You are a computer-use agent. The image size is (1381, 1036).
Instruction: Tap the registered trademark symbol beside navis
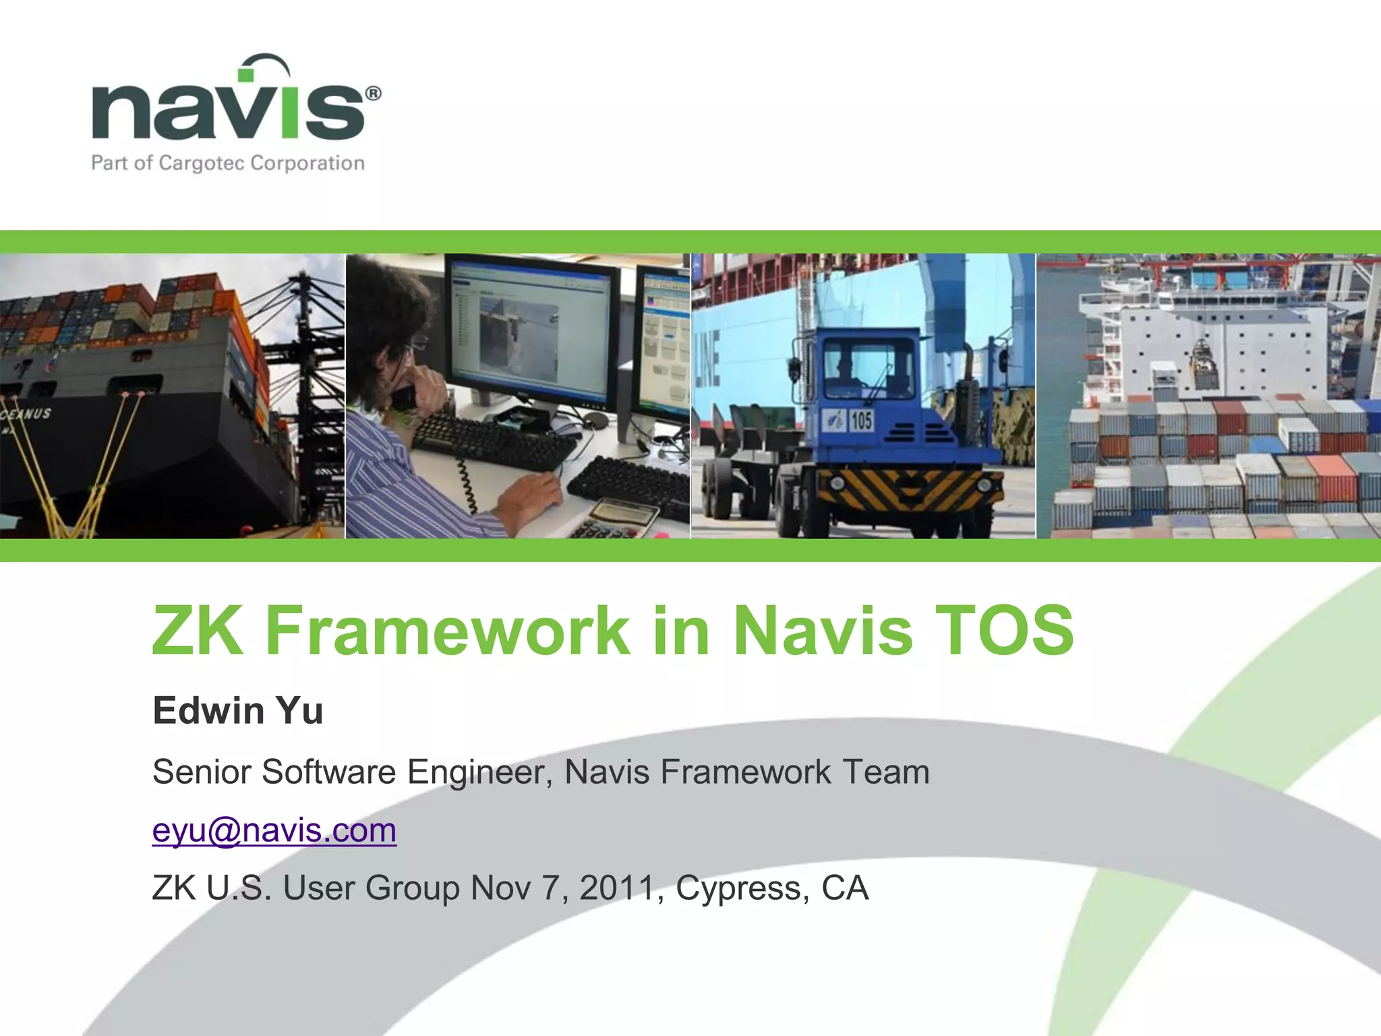point(373,93)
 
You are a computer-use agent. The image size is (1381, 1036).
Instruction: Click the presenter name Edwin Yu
point(237,710)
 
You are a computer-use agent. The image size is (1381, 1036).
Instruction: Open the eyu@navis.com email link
point(274,830)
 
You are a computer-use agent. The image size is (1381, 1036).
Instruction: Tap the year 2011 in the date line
point(616,888)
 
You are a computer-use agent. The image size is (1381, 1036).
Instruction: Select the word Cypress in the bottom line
point(742,888)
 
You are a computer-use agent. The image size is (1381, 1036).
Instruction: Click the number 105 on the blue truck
point(861,421)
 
